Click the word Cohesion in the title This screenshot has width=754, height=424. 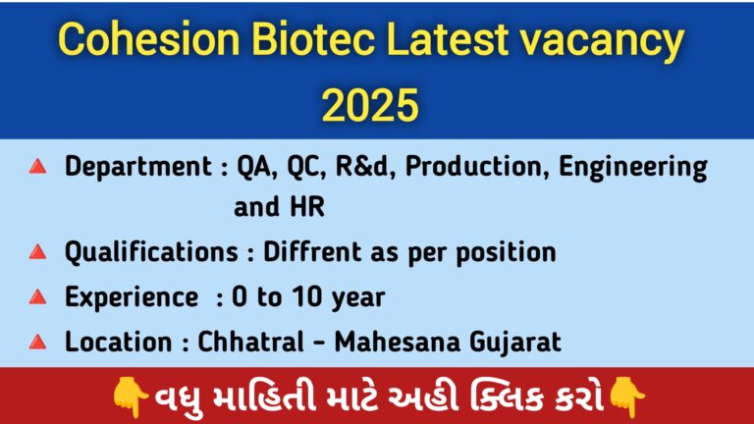click(148, 39)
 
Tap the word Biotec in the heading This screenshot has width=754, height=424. click(313, 39)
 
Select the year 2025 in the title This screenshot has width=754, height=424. click(370, 105)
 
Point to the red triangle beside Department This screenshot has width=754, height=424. click(37, 167)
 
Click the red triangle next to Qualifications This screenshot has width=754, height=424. click(37, 252)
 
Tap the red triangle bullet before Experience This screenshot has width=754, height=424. click(37, 297)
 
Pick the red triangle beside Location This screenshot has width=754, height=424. click(37, 343)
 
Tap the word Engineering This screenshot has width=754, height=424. click(633, 168)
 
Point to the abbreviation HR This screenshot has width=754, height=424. click(307, 207)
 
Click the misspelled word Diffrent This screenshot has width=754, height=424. click(312, 251)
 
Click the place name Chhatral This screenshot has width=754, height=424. click(250, 342)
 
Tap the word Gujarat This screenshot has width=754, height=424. click(515, 343)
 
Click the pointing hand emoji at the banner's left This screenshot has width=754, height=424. click(130, 397)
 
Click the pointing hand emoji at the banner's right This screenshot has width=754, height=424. click(627, 397)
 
